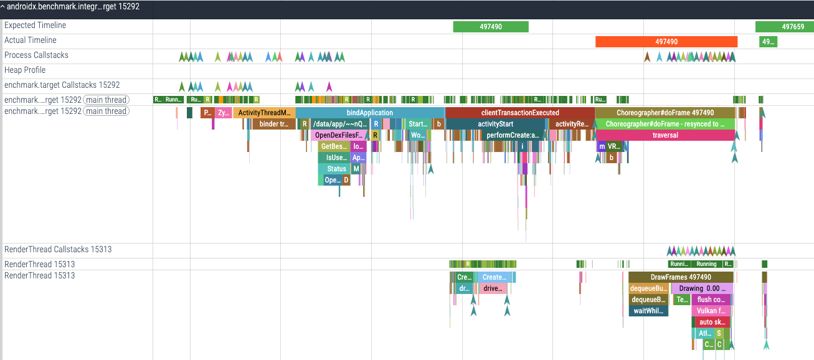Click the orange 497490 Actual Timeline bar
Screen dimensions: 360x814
tap(666, 42)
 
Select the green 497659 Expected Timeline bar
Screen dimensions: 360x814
tap(784, 27)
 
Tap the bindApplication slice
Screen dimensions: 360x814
tap(370, 113)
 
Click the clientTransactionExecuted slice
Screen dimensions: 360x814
tap(520, 113)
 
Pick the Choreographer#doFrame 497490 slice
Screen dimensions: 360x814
tap(665, 113)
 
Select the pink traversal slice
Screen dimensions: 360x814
tap(665, 135)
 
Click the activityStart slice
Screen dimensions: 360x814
tap(495, 124)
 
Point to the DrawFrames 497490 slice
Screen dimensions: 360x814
tap(680, 277)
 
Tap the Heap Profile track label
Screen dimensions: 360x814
tap(25, 70)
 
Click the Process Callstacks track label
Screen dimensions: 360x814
tap(36, 55)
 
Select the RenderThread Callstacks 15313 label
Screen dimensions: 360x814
tap(58, 250)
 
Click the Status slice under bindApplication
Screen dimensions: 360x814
tap(336, 169)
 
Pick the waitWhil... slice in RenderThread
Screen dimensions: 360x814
tap(648, 311)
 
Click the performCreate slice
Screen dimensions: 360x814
tap(512, 135)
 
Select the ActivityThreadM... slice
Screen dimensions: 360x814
tap(264, 113)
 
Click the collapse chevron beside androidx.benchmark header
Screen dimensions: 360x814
tap(3, 6)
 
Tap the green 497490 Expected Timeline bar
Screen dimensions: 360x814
tap(491, 27)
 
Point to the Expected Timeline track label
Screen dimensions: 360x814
tap(35, 26)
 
